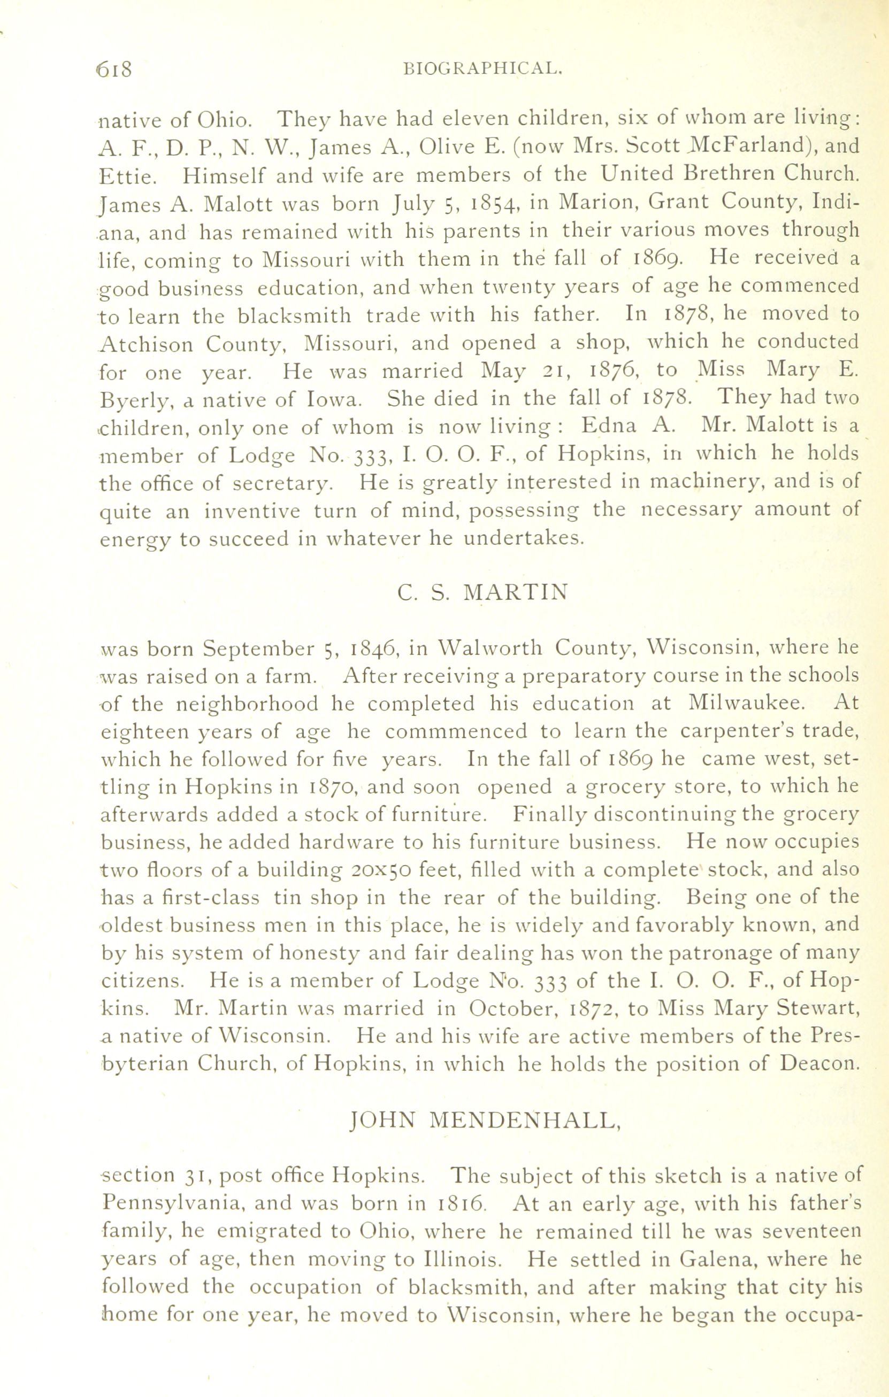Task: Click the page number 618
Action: point(116,69)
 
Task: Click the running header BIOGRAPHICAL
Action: point(483,70)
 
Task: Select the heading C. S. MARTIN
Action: point(483,592)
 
